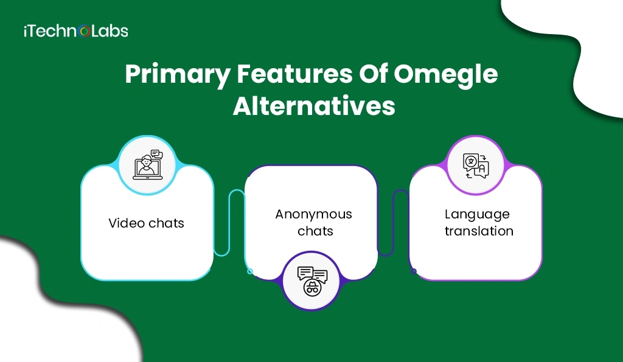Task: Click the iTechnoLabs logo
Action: tap(75, 30)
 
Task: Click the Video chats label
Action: tap(146, 223)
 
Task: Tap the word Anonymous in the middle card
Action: tap(313, 214)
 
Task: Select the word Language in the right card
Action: tap(477, 214)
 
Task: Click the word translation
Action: tap(479, 231)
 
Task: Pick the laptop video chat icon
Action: tap(147, 164)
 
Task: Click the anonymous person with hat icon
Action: tap(312, 280)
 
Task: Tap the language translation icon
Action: tap(476, 165)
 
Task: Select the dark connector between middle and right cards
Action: tap(394, 225)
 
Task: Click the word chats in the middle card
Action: tap(315, 231)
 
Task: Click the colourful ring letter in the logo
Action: tap(85, 31)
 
